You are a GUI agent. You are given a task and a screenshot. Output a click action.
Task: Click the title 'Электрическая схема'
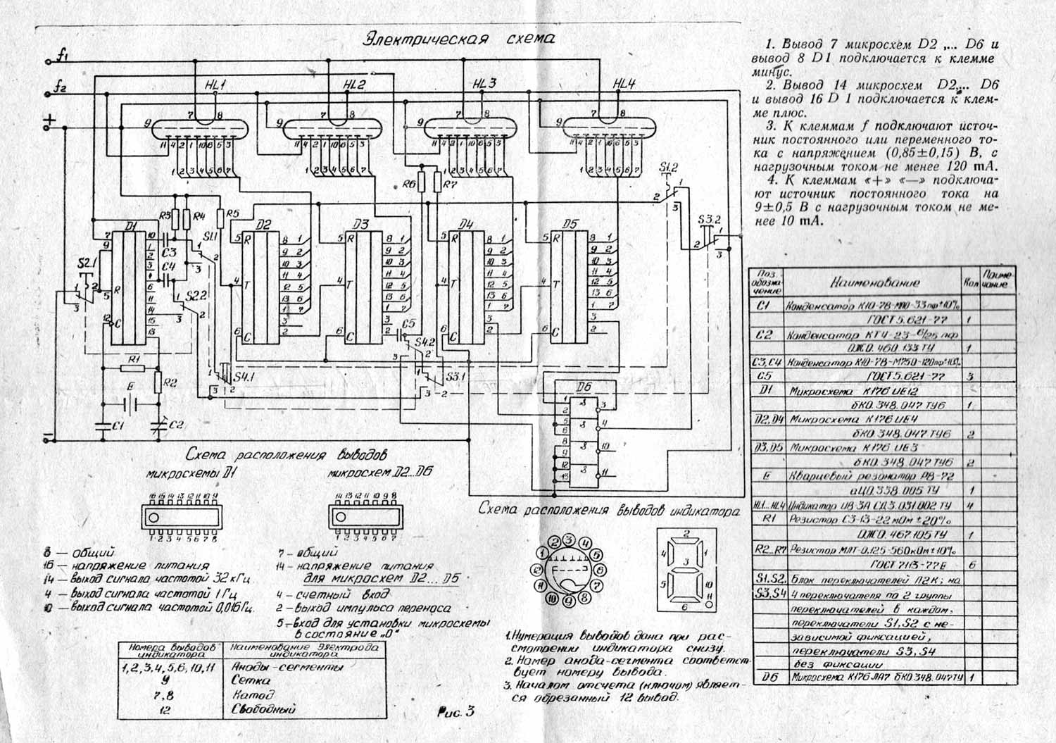[x=458, y=38]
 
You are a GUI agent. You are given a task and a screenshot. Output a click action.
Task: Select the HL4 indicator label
[x=624, y=83]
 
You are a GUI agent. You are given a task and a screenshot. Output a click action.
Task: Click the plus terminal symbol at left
[x=49, y=121]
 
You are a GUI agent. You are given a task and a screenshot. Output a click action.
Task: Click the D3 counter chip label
[x=361, y=225]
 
